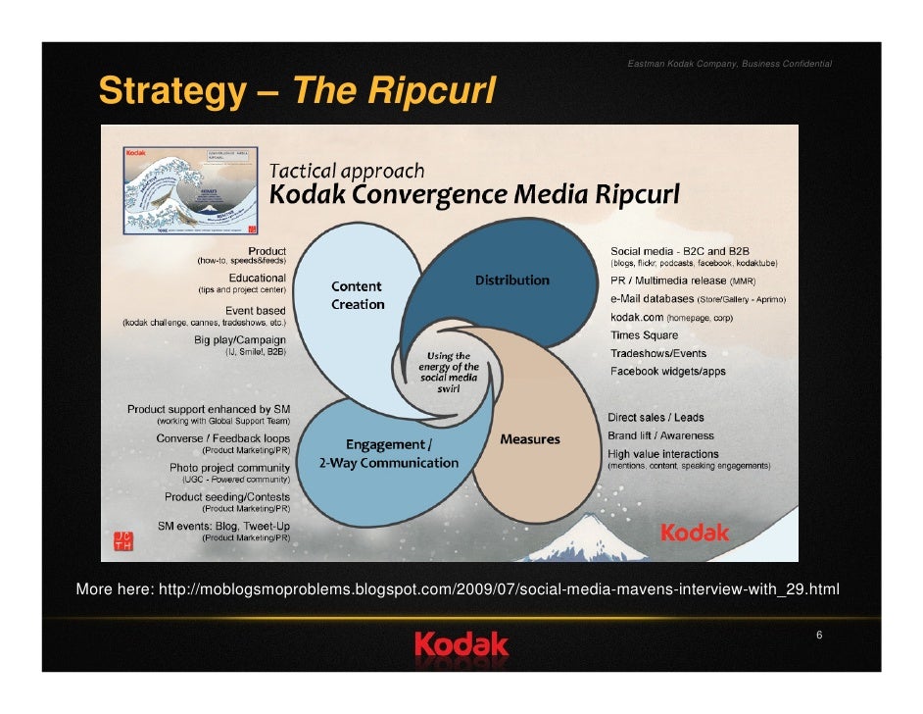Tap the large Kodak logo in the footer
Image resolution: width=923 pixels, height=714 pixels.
tap(461, 644)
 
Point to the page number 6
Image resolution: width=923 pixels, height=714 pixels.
tap(818, 637)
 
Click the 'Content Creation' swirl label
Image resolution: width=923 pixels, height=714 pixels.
tap(358, 295)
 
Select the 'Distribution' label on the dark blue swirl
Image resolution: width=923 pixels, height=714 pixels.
tap(512, 280)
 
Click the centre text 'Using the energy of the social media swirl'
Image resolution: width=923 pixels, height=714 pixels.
tap(449, 374)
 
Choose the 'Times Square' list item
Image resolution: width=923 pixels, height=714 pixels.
tap(644, 335)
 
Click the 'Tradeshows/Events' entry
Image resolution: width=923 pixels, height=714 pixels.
tap(657, 353)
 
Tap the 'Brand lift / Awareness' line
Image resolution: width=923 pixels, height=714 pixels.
tap(661, 435)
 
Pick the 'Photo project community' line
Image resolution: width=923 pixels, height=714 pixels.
tap(229, 468)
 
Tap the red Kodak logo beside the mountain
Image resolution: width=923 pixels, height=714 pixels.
tap(695, 533)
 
